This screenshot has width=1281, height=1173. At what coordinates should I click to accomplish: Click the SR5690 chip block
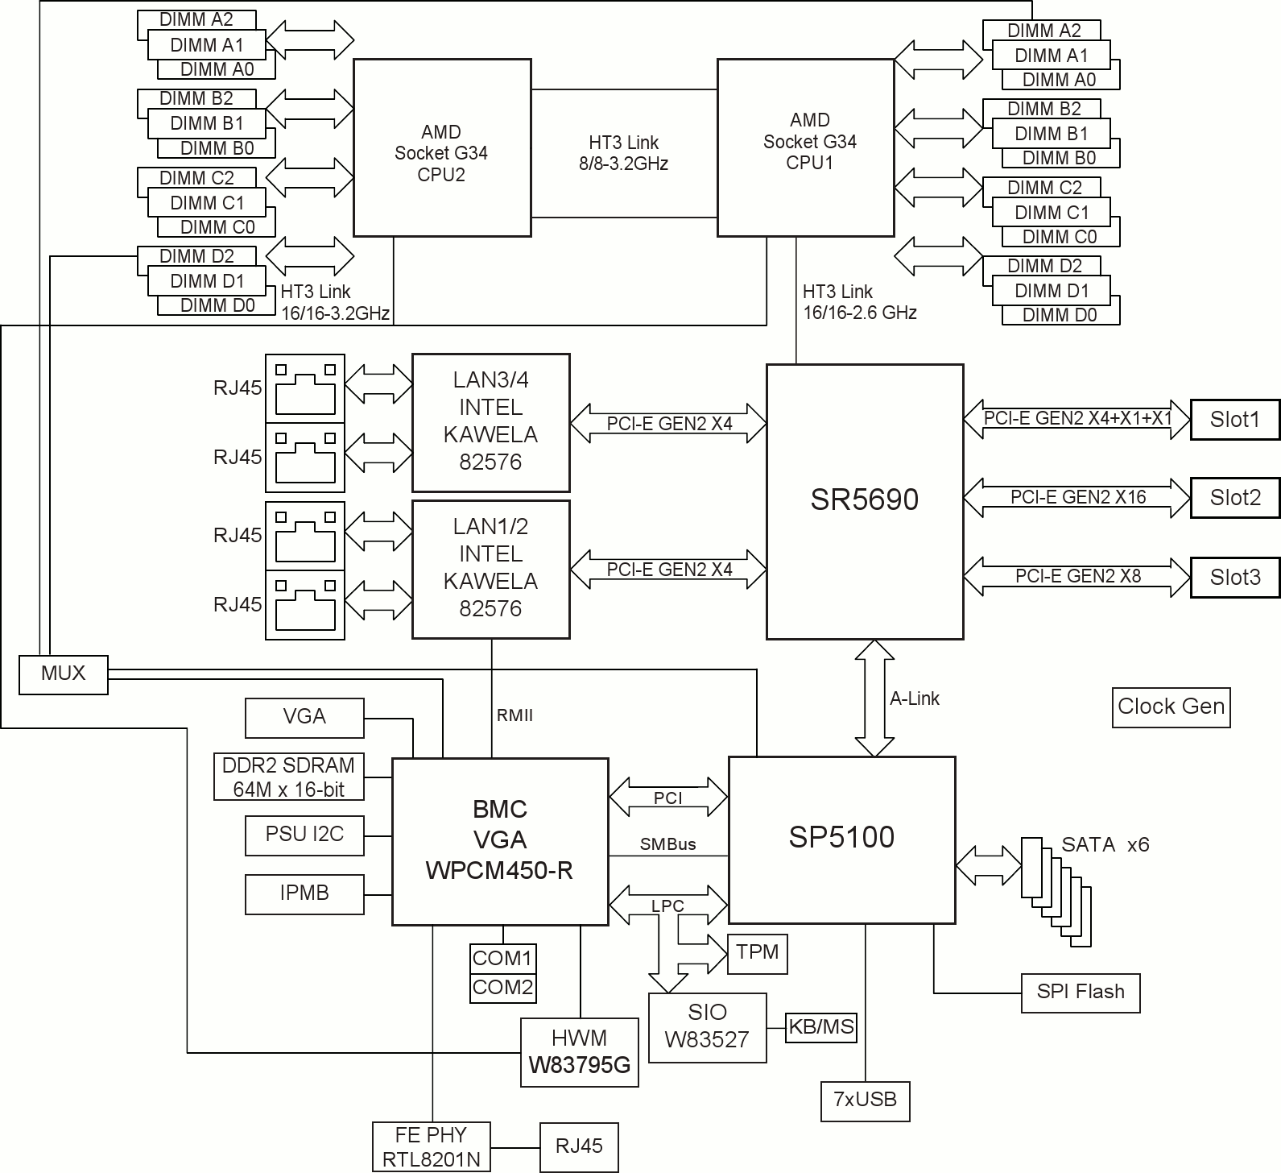864,501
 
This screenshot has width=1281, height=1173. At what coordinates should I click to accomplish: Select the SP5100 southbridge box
841,839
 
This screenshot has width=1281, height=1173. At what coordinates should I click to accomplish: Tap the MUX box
63,674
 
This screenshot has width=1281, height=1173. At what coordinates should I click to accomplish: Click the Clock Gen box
1171,707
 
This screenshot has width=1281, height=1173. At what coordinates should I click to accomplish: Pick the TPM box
757,953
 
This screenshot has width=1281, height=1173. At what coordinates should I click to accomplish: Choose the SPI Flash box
1081,992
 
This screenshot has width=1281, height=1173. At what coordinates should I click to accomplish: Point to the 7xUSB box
865,1100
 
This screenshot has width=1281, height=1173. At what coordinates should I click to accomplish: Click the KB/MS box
820,1027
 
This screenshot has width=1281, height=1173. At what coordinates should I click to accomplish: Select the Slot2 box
1234,498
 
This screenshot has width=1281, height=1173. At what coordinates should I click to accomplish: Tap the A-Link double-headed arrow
874,698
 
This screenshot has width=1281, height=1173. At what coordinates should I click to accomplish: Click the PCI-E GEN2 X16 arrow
1076,498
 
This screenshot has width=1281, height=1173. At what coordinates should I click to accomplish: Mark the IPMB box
304,893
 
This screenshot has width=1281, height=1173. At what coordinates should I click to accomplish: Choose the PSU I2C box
304,835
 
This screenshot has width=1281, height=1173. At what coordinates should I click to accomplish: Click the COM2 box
502,988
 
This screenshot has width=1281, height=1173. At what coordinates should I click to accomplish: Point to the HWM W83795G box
580,1052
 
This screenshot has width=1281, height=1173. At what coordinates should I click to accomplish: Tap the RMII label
514,715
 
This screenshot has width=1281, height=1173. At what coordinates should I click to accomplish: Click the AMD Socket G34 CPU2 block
442,147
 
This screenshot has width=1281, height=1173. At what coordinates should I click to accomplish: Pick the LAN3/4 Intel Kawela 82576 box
490,422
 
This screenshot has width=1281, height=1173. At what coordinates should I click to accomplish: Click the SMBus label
667,845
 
